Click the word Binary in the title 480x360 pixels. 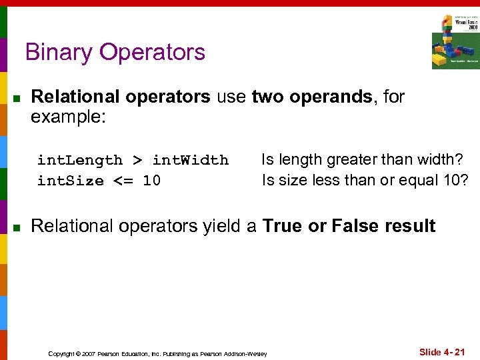pyautogui.click(x=57, y=52)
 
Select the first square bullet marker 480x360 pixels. pyautogui.click(x=18, y=99)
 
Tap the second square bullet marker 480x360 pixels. pyautogui.click(x=18, y=228)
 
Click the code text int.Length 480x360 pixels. pyautogui.click(x=80, y=160)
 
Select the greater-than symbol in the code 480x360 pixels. pyautogui.click(x=137, y=160)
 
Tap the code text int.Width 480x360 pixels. pyautogui.click(x=191, y=160)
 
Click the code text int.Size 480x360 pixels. pyautogui.click(x=71, y=181)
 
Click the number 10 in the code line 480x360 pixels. pyautogui.click(x=151, y=181)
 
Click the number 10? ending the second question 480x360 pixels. pyautogui.click(x=454, y=180)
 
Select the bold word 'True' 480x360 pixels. pyautogui.click(x=283, y=226)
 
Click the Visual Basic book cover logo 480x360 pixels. pyautogui.click(x=455, y=41)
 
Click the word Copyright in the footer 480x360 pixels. pyautogui.click(x=61, y=353)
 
